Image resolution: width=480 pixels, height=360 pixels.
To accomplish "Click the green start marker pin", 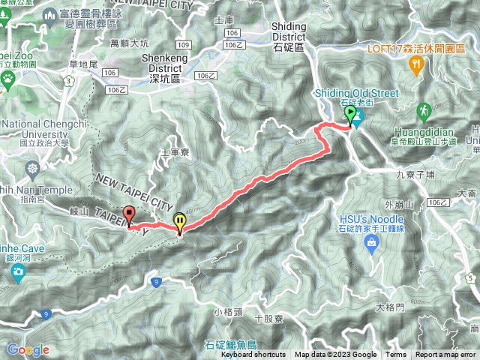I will (349, 115).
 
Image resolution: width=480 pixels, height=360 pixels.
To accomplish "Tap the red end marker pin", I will (128, 214).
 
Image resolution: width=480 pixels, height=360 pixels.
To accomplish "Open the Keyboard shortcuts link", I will (253, 355).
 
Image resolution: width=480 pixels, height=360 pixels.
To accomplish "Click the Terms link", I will (396, 355).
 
